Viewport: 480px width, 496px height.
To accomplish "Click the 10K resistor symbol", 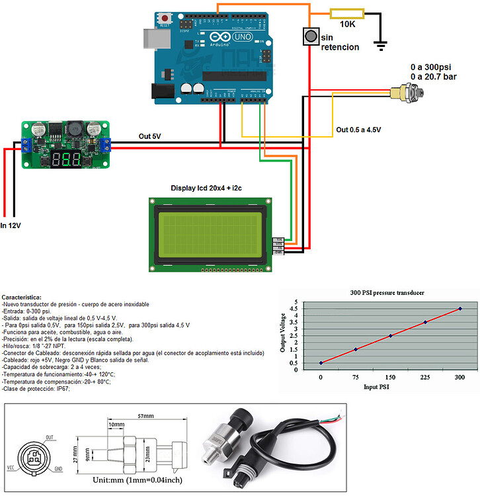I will [x=346, y=13].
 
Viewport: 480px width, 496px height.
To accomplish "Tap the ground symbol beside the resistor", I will [x=381, y=44].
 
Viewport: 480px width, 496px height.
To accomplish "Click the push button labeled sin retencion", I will [x=310, y=36].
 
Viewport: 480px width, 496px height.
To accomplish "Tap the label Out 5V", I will [x=149, y=136].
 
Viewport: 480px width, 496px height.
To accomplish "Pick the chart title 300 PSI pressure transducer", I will [x=386, y=292].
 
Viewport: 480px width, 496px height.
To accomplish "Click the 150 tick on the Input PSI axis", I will [x=390, y=377].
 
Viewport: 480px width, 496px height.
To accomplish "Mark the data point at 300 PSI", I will [x=460, y=309].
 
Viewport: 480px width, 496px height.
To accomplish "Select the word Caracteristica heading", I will [x=22, y=298].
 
